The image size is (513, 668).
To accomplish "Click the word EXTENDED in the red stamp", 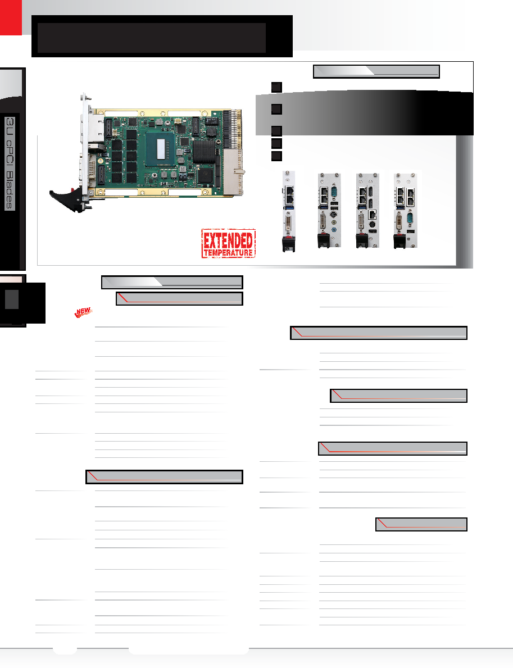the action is click(x=228, y=240).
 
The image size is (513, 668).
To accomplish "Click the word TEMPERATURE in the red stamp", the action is click(x=228, y=253).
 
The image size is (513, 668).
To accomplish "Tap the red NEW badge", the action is click(x=83, y=312).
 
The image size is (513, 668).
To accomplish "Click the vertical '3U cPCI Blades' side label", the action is click(x=10, y=163).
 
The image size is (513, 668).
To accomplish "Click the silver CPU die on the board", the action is click(x=161, y=149).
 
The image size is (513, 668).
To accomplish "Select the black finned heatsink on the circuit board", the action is click(x=203, y=151).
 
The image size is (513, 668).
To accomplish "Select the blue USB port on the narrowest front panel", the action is click(x=289, y=207).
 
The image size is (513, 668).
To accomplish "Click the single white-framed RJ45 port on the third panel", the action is click(x=372, y=214).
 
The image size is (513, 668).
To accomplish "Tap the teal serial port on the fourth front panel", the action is click(x=410, y=220).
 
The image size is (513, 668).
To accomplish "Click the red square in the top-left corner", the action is click(x=11, y=17).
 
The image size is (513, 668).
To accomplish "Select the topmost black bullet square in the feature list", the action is click(x=276, y=87).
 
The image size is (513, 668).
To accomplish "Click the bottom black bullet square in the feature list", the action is click(x=276, y=156).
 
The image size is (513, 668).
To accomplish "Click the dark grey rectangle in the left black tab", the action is click(x=11, y=299).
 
